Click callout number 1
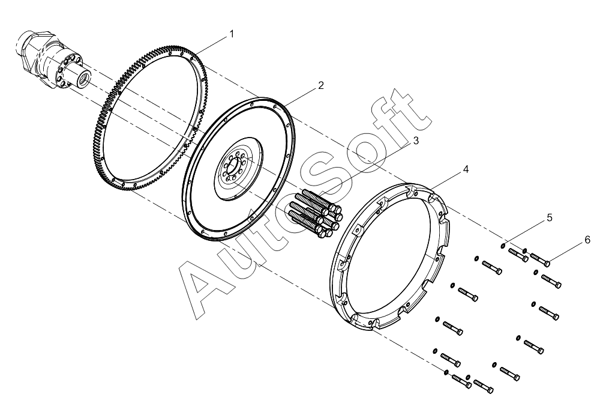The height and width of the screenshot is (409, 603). tap(232, 34)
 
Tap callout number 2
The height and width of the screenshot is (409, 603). tap(321, 85)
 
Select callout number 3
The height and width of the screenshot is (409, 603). tap(415, 141)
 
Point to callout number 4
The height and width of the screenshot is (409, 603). tap(466, 169)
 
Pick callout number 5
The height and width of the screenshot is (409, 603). tap(550, 217)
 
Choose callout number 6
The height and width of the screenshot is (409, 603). tap(587, 240)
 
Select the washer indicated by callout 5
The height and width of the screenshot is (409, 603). tap(503, 245)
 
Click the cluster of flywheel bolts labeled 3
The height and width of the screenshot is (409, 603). tap(314, 213)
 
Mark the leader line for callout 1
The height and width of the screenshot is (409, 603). tap(212, 45)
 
